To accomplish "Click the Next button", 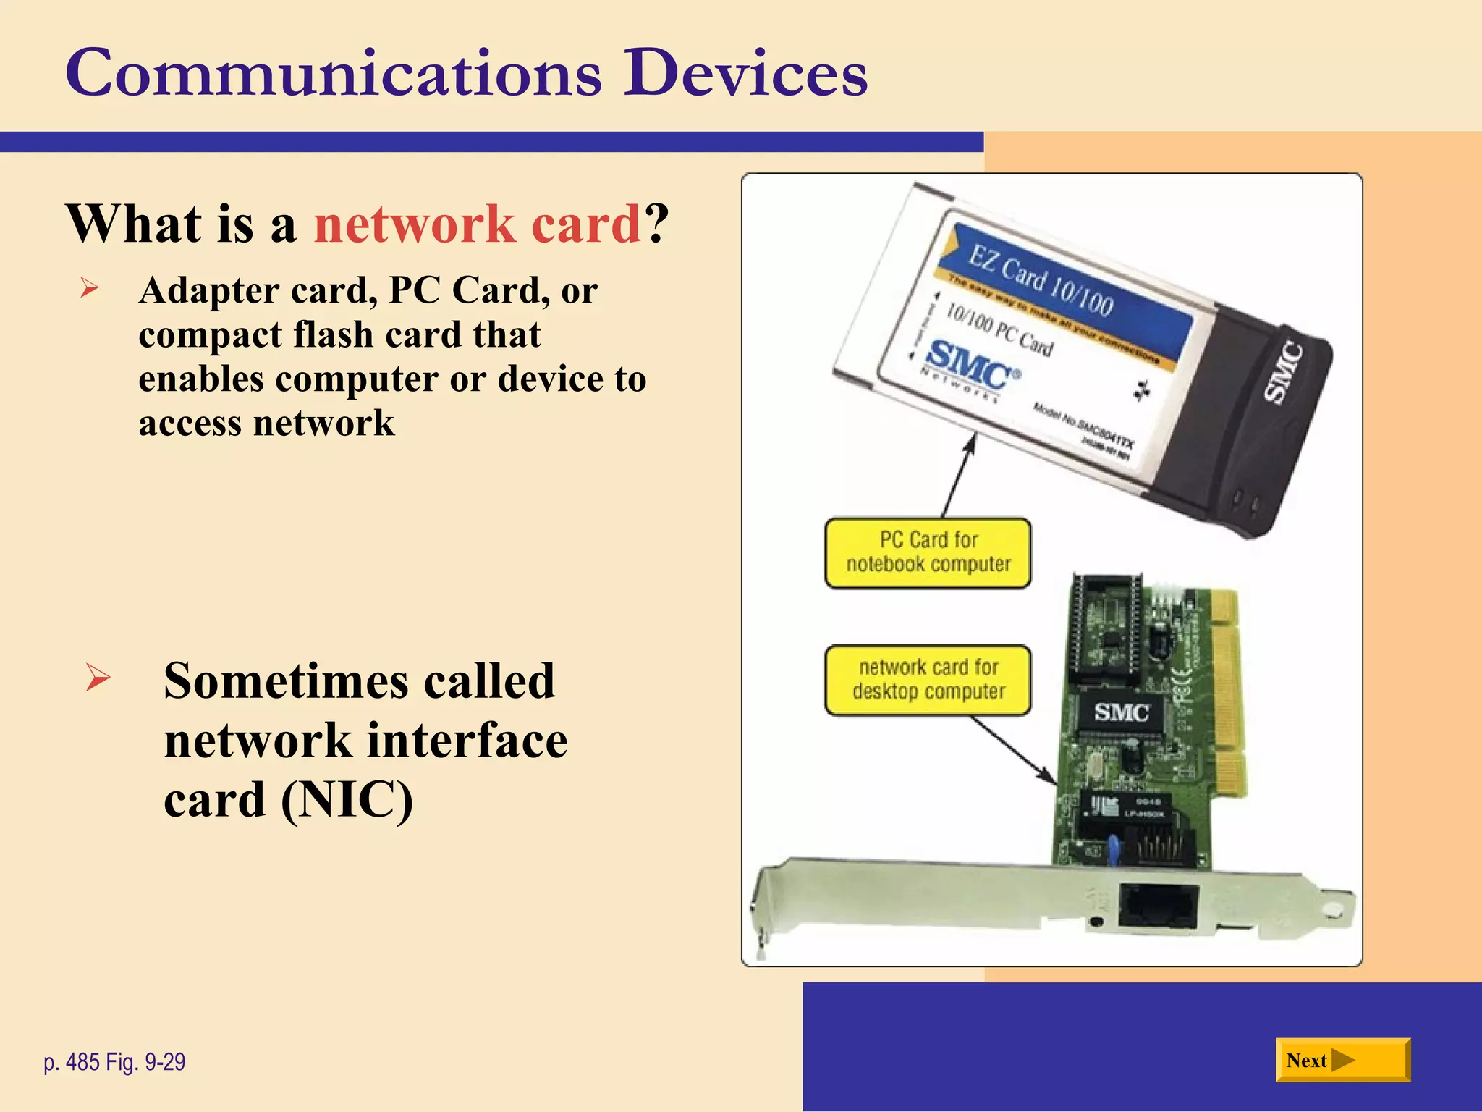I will [1342, 1060].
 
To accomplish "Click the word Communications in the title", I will [333, 73].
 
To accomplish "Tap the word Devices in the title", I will [745, 73].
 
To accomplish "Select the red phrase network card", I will [478, 224].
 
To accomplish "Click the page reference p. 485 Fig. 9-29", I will [114, 1062].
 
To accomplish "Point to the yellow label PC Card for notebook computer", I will [928, 552].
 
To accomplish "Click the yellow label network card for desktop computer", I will [928, 680].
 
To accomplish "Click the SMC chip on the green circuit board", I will [1121, 713].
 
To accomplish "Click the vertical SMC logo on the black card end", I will [1284, 373].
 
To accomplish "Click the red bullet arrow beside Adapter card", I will [90, 289].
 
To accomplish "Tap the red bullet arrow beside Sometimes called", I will [98, 678].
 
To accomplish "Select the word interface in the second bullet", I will [467, 741].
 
